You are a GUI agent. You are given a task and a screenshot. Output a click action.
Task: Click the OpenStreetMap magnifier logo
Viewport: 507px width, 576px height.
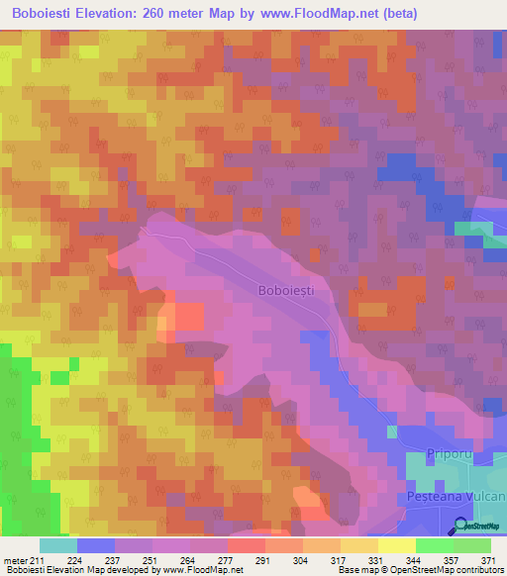[461, 528]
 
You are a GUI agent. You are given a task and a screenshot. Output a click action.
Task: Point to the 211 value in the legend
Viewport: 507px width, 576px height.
[39, 560]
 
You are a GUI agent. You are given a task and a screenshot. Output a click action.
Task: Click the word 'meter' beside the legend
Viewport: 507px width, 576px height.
[16, 560]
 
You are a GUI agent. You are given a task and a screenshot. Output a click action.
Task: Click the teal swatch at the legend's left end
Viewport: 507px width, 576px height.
[58, 545]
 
